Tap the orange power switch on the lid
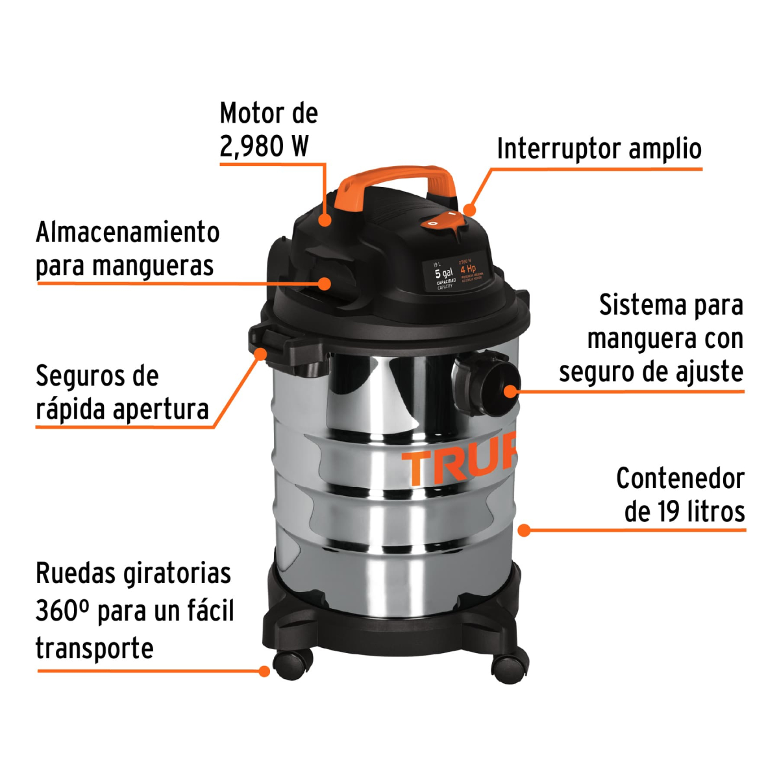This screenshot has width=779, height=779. [x=443, y=222]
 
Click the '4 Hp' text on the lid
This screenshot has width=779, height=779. [x=468, y=269]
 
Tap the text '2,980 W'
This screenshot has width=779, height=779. [x=264, y=147]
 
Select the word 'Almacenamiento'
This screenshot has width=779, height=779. [x=128, y=232]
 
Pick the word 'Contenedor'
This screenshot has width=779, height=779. [x=680, y=479]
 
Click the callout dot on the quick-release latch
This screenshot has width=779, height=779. [x=261, y=354]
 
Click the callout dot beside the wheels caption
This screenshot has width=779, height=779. [x=264, y=671]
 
